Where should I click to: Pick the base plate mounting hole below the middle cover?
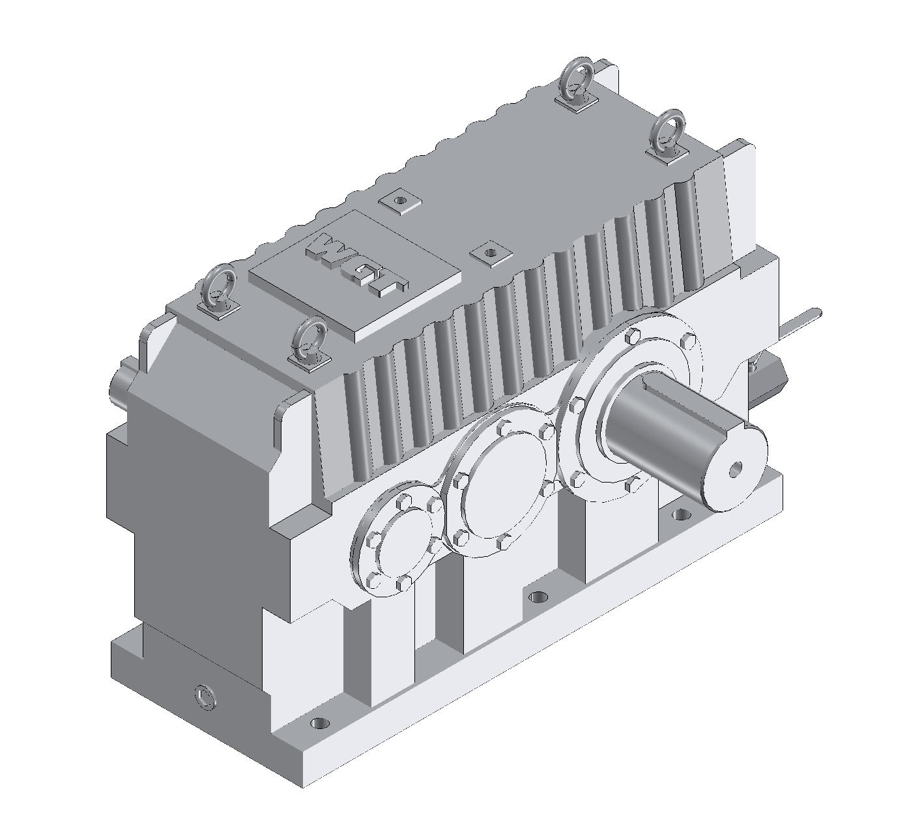[x=537, y=597]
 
